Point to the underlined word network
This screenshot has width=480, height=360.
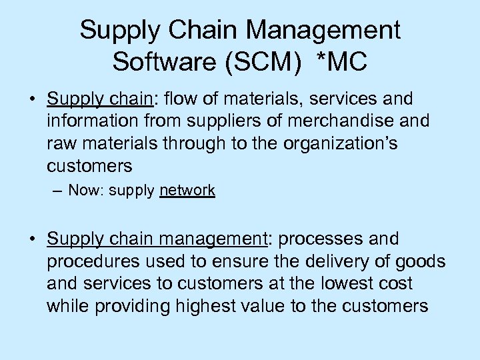click(x=187, y=191)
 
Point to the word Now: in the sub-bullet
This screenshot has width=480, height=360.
click(x=84, y=191)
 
